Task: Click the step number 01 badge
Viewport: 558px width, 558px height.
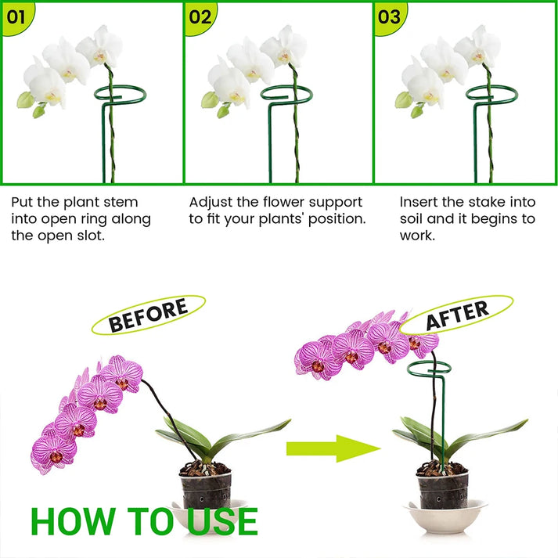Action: click(x=16, y=17)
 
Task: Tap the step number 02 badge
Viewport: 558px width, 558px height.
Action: click(x=200, y=17)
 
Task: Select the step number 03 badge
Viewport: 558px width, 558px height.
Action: click(x=389, y=17)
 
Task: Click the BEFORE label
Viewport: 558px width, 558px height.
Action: click(x=149, y=315)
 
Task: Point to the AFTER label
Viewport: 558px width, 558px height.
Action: click(x=456, y=315)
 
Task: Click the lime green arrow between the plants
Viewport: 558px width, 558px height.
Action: click(x=333, y=448)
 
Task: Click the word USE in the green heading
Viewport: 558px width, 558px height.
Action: click(x=222, y=521)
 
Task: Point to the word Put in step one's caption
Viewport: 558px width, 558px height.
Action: click(x=22, y=202)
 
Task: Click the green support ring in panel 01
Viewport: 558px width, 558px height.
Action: click(x=121, y=86)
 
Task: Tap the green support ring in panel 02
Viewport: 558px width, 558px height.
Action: click(x=286, y=86)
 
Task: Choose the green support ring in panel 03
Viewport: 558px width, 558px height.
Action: click(x=492, y=86)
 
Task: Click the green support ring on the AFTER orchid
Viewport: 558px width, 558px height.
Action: click(x=429, y=363)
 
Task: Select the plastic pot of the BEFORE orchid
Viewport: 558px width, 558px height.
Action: click(x=205, y=489)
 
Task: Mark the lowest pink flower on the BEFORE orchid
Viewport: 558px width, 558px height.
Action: click(x=53, y=452)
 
